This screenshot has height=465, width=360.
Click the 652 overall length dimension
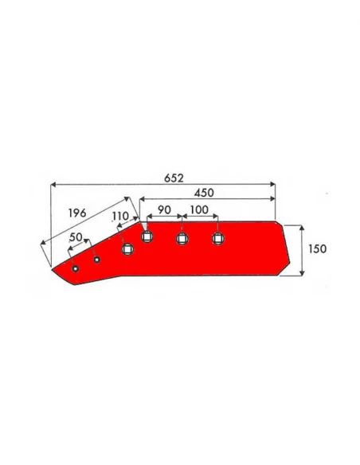tap(174, 178)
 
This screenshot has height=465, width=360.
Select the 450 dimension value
tap(204, 193)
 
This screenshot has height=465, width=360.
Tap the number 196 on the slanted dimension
tap(77, 213)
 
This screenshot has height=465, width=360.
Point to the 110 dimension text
tap(120, 217)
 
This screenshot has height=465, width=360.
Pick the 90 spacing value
tap(164, 210)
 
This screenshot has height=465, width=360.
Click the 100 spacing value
tap(199, 210)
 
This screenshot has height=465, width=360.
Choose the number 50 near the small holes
tap(76, 237)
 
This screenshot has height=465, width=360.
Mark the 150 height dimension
tap(317, 248)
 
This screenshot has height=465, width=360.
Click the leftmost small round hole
tap(76, 268)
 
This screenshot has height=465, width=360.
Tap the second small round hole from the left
tap(96, 260)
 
